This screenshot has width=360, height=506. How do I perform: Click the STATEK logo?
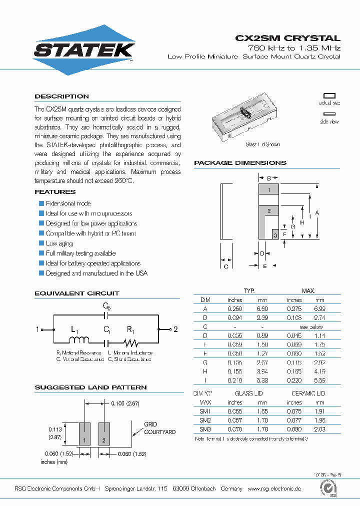84,50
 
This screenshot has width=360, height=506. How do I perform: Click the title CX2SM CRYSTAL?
287,38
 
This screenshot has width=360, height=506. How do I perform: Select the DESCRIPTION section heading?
61,96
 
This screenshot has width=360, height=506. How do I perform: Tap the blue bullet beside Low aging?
41,243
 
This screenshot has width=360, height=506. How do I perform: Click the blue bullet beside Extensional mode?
41,203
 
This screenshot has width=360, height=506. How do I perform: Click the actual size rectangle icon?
329,95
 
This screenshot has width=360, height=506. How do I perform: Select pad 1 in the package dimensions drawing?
268,189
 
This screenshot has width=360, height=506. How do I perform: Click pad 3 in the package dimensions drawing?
274,234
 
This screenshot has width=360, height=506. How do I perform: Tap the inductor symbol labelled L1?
79,340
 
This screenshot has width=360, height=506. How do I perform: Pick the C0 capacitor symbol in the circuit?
106,315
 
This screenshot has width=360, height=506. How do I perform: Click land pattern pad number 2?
104,433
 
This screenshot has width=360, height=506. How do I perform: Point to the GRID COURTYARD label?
159,428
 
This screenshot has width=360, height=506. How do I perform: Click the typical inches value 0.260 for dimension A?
234,309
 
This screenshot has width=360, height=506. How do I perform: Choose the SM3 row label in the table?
205,429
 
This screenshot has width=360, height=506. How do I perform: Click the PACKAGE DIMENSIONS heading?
240,163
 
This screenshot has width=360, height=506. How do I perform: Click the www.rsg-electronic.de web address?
274,488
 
